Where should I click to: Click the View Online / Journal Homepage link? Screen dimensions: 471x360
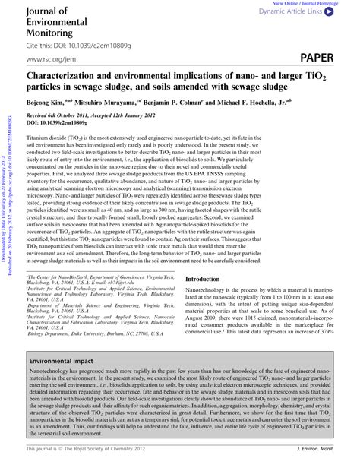pyautogui.click(x=314, y=4)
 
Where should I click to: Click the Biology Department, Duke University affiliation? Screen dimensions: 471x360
pyautogui.click(x=91, y=353)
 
